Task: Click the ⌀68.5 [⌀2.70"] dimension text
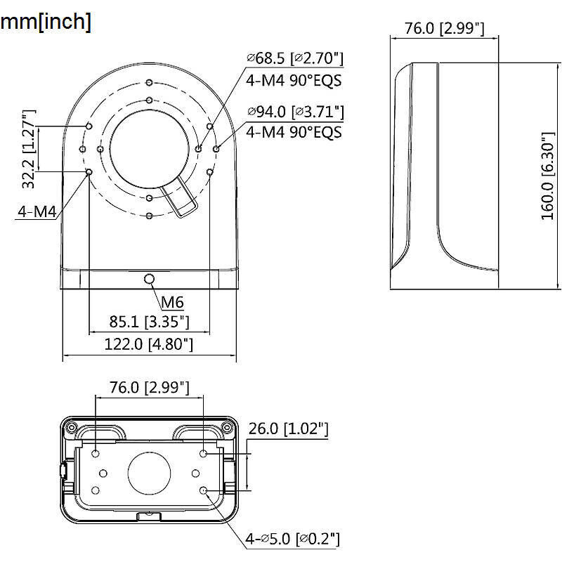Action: coord(294,58)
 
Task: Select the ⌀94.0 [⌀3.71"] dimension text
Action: coord(295,111)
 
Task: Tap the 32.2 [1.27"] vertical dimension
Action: coord(28,149)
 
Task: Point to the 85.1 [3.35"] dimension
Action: coord(150,322)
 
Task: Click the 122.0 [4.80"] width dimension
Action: coord(149,344)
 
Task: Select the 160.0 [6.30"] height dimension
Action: coord(548,178)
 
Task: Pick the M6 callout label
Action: coord(172,303)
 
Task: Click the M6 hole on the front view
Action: coord(149,280)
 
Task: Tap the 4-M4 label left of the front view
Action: coord(36,211)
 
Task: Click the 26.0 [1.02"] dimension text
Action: coord(289,429)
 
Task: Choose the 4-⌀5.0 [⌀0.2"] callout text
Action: coord(292,539)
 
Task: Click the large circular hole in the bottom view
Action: coord(150,473)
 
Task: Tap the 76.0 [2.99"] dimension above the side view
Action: coord(445,28)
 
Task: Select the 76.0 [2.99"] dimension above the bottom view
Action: coord(150,387)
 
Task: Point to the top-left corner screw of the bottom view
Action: coord(71,427)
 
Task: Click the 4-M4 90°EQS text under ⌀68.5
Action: coord(294,80)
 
